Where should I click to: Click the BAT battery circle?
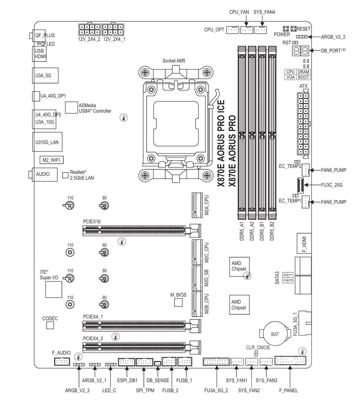point(275,334)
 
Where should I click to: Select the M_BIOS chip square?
point(179,302)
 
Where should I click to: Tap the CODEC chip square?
point(50,325)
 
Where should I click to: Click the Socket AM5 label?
point(174,61)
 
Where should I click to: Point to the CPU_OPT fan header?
point(233,30)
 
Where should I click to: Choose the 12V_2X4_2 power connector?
point(89,30)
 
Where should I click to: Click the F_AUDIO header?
point(62,361)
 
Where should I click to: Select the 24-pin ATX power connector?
point(303,124)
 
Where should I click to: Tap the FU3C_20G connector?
point(300,185)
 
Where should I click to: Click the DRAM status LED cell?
point(304,72)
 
